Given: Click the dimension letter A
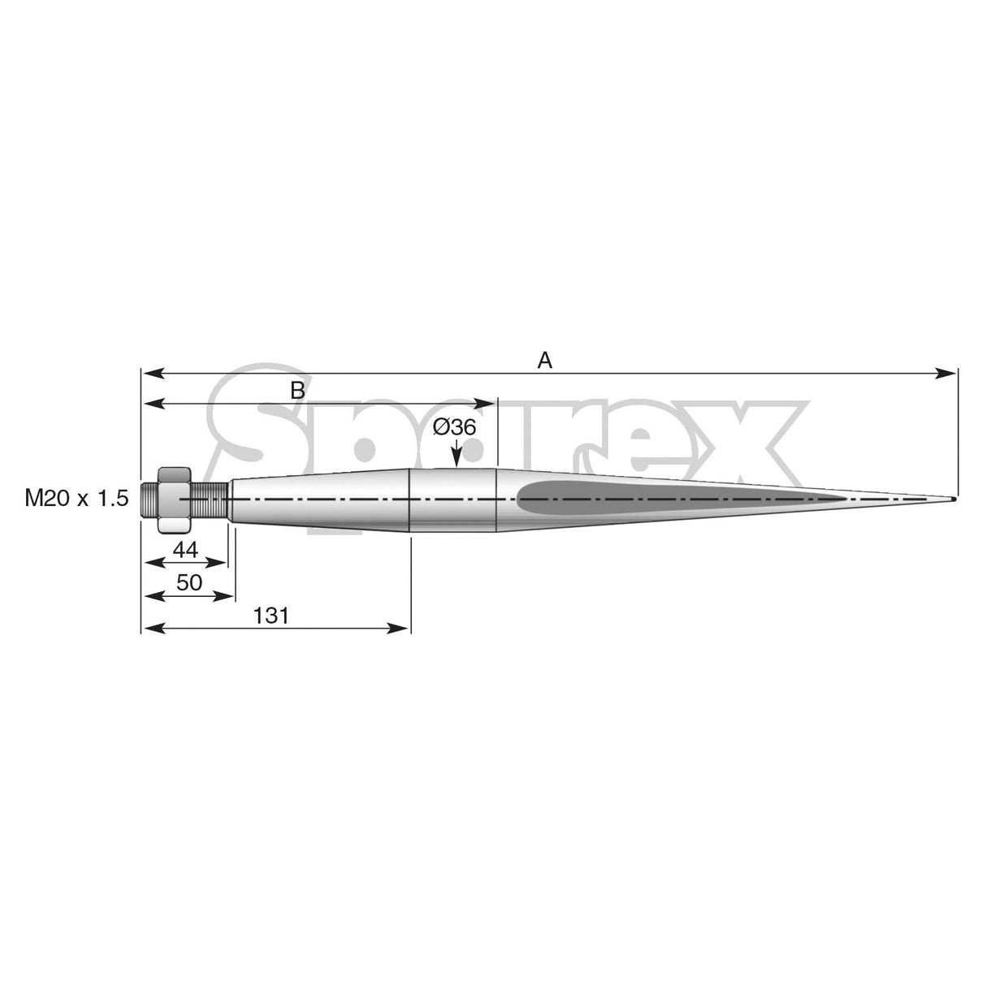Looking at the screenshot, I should [544, 360].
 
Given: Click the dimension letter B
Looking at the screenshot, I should [298, 391].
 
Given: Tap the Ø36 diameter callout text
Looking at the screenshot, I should [454, 427].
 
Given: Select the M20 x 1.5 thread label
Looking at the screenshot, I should [76, 499].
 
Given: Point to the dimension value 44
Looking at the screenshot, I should [185, 550].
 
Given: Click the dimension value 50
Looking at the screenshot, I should [189, 582].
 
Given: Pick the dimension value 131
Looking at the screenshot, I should [271, 616].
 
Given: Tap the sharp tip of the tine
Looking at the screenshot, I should [953, 499].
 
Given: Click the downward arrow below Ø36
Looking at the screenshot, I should [456, 459].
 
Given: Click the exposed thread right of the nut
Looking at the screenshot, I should [210, 499].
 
